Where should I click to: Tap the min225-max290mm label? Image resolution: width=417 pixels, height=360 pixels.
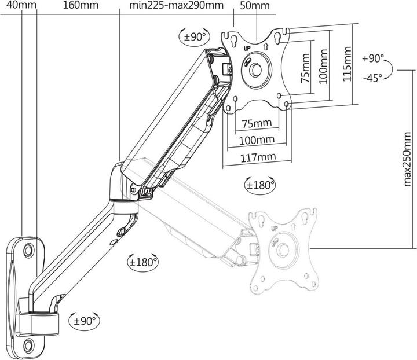(169, 6)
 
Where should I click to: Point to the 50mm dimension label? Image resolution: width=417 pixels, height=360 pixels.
(254, 6)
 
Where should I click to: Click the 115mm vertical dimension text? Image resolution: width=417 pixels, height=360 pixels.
(348, 64)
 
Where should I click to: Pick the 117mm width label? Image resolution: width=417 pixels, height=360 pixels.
(258, 156)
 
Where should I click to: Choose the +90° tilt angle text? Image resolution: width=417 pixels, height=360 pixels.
(373, 58)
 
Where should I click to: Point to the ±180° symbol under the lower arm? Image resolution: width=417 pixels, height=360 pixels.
(142, 262)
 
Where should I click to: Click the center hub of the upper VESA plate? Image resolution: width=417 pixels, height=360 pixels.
(255, 68)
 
